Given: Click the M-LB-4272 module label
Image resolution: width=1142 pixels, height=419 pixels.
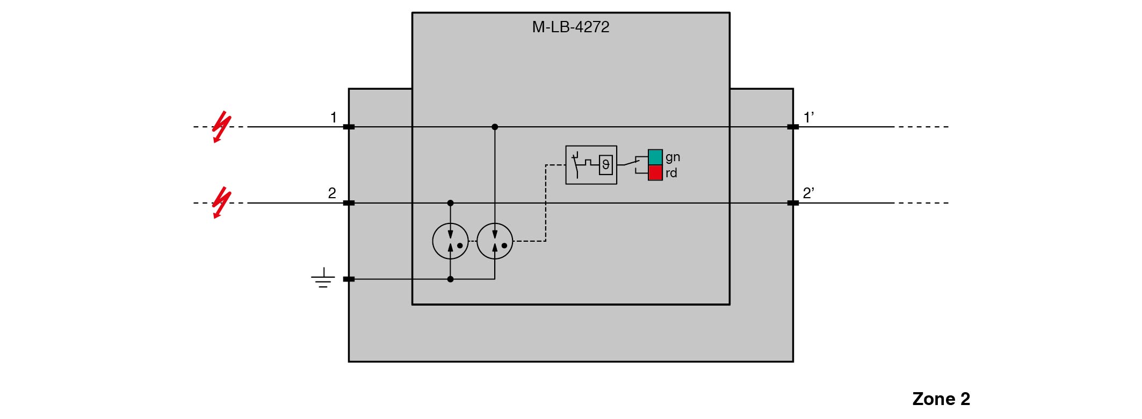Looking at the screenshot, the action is click(x=570, y=27).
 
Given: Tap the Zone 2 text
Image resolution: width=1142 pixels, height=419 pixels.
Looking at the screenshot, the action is click(x=941, y=399).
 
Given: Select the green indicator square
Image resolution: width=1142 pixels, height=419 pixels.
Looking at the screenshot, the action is click(x=655, y=157).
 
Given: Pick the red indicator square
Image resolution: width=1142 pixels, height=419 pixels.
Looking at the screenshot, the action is click(x=655, y=172).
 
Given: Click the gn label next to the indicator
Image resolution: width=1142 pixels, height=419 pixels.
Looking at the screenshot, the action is click(x=673, y=157).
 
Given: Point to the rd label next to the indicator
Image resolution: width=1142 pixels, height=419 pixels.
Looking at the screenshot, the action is click(x=671, y=173).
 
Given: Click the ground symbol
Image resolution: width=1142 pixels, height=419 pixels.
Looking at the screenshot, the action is click(x=323, y=278).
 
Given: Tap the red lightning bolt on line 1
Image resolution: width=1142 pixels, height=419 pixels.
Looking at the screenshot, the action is click(x=221, y=127).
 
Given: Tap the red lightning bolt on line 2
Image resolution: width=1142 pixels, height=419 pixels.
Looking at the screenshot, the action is click(x=221, y=203).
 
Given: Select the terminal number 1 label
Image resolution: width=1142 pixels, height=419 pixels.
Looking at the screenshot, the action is click(x=334, y=117).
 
